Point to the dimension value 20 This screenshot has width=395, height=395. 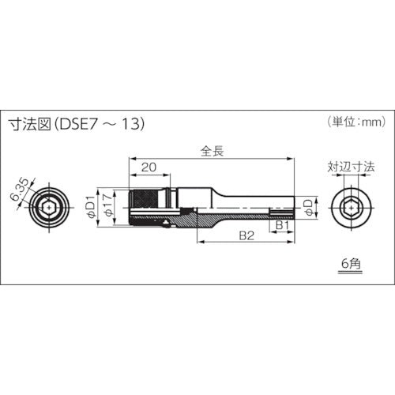[x=147, y=167]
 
